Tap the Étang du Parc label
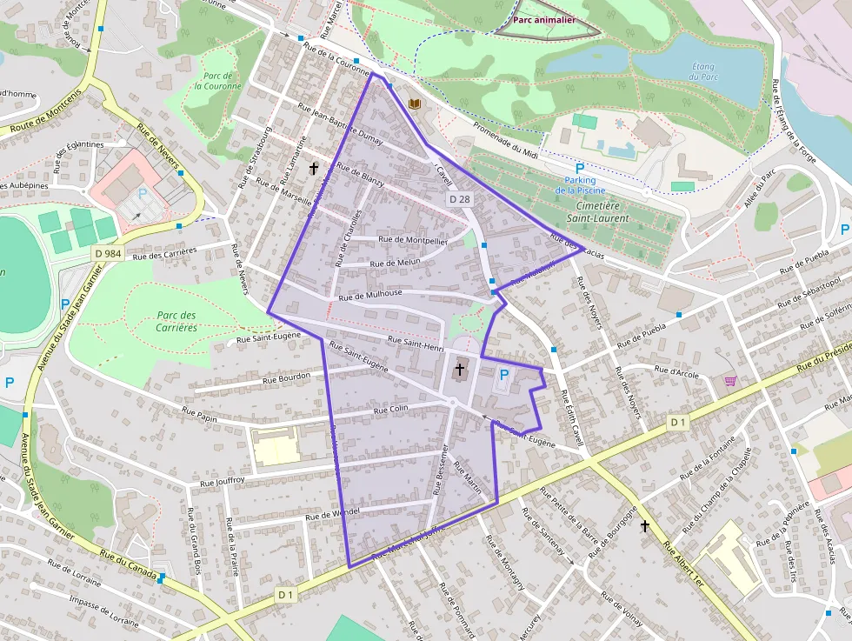click(x=702, y=71)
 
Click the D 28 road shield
click(x=459, y=199)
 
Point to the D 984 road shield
click(x=108, y=252)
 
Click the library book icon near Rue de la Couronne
click(x=415, y=103)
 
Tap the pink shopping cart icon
click(x=730, y=381)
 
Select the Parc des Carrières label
click(x=177, y=322)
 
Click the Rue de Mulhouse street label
click(x=370, y=295)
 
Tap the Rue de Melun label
click(x=395, y=262)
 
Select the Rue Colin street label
click(x=390, y=409)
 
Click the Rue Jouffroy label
click(x=223, y=480)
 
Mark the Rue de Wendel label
click(x=332, y=514)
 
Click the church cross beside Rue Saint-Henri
click(x=459, y=370)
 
